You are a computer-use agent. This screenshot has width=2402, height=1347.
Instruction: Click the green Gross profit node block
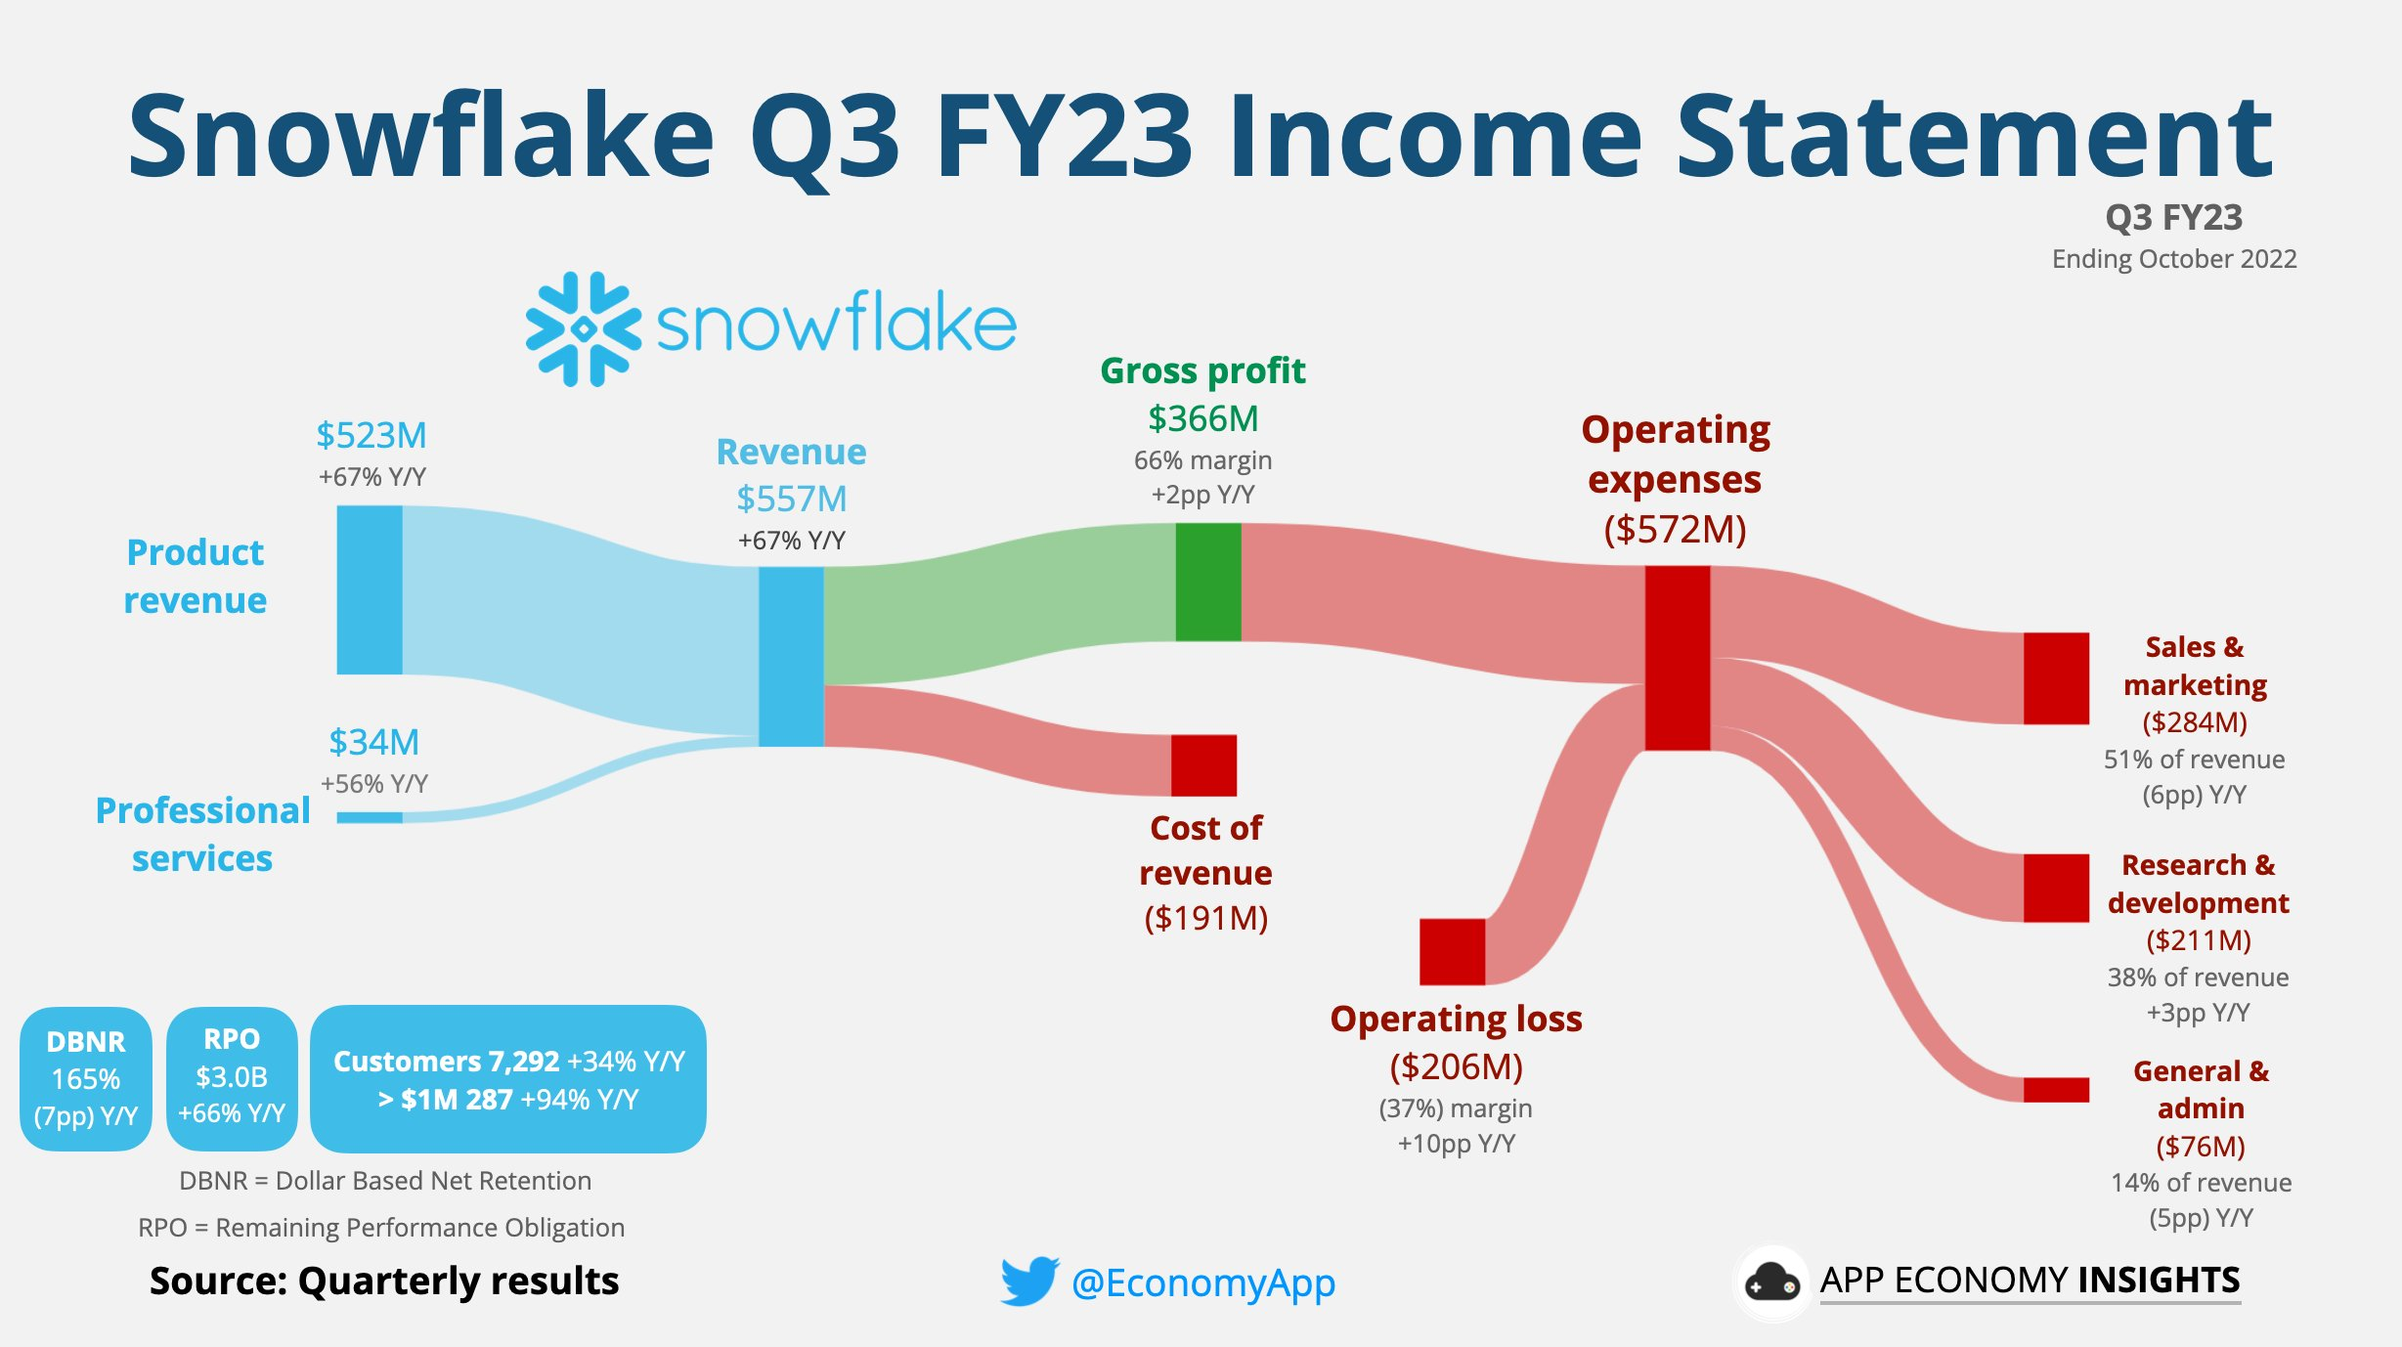coord(1208,582)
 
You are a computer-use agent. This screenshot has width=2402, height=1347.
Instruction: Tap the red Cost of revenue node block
coord(1203,765)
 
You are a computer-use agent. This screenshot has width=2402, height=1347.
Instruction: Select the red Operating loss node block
coord(1452,951)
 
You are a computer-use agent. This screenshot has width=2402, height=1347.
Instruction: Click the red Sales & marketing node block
coord(2056,678)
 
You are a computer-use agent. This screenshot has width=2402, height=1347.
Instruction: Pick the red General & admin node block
coord(2056,1090)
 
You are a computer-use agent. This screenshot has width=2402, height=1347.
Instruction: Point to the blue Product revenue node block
coord(370,589)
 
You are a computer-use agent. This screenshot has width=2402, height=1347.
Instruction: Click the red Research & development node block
coord(2056,888)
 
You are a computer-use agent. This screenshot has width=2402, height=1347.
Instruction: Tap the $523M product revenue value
coord(371,435)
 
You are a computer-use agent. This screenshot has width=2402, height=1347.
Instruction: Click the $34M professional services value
coord(374,742)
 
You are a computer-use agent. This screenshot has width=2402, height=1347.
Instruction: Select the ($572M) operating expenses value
coord(1675,529)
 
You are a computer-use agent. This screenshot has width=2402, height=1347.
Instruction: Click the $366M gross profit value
coord(1203,418)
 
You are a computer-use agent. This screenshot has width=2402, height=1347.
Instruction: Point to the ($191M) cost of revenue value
coord(1206,918)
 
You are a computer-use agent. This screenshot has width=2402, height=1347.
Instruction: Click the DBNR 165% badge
coord(86,1079)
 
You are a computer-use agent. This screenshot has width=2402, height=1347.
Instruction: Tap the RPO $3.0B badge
coord(232,1079)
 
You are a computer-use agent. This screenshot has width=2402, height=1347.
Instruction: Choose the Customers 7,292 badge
coord(508,1079)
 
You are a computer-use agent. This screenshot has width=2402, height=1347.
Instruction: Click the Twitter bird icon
coord(1029,1281)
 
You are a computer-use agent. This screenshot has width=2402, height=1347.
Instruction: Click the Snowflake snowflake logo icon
coord(584,329)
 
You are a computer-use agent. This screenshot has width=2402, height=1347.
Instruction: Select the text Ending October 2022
coord(2174,259)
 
